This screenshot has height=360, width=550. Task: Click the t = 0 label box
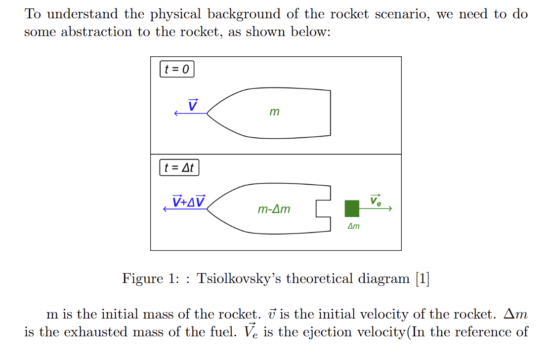coord(177,69)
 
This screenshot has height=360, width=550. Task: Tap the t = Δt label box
coord(179,168)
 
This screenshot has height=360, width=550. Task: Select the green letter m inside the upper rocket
coord(274,113)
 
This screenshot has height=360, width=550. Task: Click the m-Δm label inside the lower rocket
coord(274,209)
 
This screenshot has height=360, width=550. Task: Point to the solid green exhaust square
coord(352,208)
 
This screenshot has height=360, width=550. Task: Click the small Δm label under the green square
coord(353,226)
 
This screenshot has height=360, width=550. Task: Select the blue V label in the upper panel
coord(193,105)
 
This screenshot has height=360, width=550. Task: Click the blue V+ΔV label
coord(189,201)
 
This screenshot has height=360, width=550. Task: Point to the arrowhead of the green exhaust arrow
coord(390,209)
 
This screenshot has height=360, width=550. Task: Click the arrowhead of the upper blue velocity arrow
coord(175,114)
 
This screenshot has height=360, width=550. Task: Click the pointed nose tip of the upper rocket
coord(208,114)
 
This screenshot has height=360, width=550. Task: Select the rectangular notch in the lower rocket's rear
coord(323,208)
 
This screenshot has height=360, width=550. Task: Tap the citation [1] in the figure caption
coord(422,279)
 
